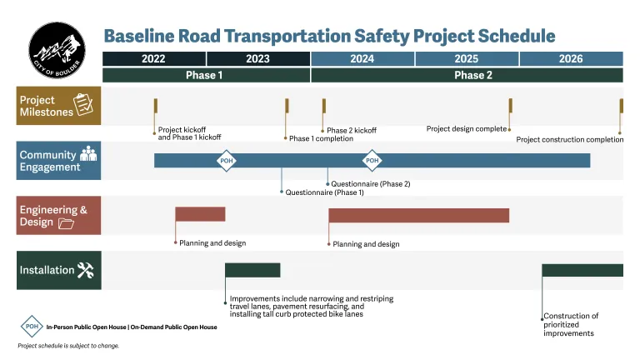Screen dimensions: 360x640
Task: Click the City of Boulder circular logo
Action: point(56,51)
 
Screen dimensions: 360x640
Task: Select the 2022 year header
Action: point(153,59)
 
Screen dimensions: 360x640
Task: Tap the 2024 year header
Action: point(362,59)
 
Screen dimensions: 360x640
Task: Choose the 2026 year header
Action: point(571,59)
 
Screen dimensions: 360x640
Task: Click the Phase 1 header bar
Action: point(205,75)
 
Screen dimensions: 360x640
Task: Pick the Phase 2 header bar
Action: point(467,75)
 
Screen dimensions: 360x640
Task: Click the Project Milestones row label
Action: point(59,106)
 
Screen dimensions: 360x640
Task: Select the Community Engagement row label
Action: point(59,161)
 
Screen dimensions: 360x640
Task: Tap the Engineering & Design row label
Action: point(59,216)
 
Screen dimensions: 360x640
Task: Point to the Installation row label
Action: point(59,270)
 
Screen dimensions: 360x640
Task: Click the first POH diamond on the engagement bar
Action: point(226,160)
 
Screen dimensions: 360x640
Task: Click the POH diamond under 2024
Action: point(372,160)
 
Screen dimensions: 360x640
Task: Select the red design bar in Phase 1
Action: point(200,214)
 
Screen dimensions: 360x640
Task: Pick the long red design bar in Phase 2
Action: point(418,216)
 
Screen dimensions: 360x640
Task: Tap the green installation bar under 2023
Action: point(252,270)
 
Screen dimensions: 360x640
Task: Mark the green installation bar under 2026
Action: point(582,270)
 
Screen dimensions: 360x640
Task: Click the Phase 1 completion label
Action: point(322,139)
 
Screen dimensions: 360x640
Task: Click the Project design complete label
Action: point(466,129)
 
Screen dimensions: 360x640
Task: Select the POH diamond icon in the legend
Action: point(32,327)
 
